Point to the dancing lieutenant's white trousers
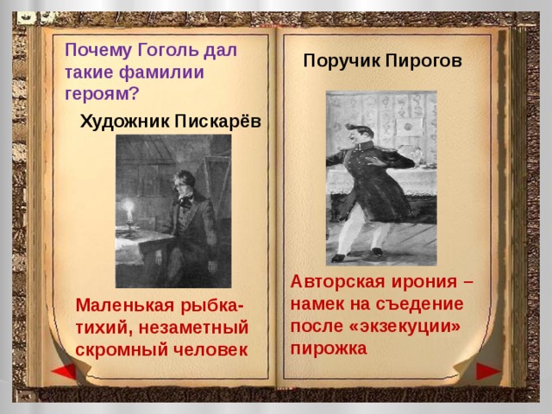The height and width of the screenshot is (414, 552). coord(358,229)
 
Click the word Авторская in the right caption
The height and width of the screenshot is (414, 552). coord(330,282)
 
